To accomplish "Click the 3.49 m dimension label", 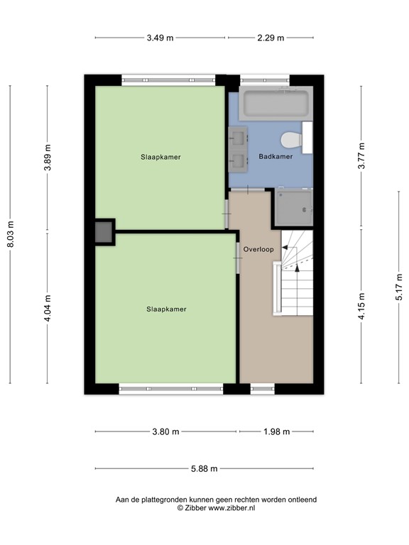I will pos(160,38).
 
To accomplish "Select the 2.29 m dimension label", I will pos(271,38).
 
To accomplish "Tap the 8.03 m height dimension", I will pos(10,233).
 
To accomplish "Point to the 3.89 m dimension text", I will pos(48,158).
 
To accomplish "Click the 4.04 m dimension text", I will pos(48,309).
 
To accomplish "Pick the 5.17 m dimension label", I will pos(399,287).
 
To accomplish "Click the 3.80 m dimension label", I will pos(165,431).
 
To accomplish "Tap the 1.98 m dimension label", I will pos(276,431).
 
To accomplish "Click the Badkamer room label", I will pos(276,156).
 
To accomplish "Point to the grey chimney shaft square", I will pos(104,232).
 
